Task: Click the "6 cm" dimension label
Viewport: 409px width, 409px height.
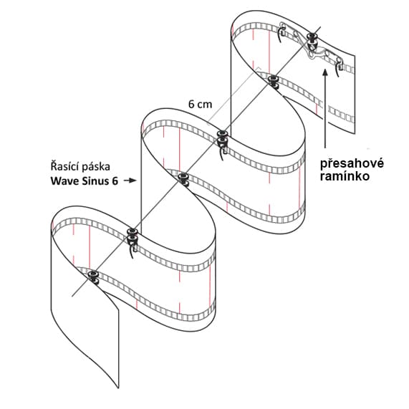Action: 200,105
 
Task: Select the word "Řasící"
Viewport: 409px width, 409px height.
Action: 64,167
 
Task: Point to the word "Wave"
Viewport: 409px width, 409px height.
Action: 65,181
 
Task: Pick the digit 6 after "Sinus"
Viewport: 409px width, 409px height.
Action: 115,181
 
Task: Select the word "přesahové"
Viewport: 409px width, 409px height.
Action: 352,164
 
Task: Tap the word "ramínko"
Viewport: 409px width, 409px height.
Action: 345,176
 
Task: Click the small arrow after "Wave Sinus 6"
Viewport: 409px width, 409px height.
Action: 130,181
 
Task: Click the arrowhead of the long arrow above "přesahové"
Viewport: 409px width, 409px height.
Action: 325,72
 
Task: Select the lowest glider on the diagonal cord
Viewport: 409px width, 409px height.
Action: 93,276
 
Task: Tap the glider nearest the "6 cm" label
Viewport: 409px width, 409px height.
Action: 222,138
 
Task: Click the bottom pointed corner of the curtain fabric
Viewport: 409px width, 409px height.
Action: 119,388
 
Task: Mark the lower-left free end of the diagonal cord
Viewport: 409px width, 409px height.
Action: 72,297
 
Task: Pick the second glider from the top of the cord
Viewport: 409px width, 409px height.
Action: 273,81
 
